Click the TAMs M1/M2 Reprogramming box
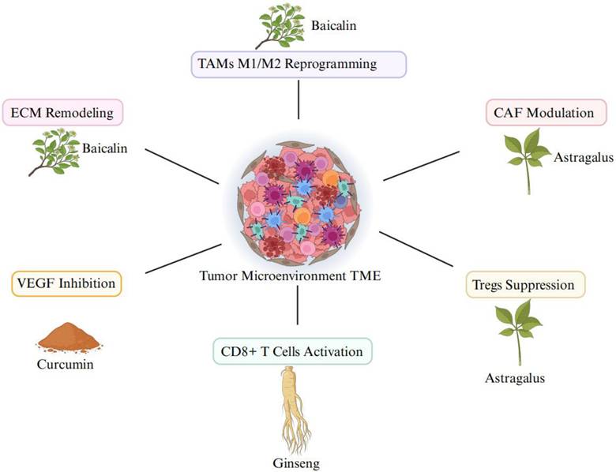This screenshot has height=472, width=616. (299, 64)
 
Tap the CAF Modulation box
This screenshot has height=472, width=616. (539, 113)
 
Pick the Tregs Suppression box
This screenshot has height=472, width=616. (535, 284)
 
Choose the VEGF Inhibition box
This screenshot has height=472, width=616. (66, 283)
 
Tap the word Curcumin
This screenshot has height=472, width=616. (68, 365)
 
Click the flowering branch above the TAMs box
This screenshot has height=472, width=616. (277, 28)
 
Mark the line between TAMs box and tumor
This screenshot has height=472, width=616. (299, 100)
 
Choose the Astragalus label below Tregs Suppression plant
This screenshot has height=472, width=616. (515, 378)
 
